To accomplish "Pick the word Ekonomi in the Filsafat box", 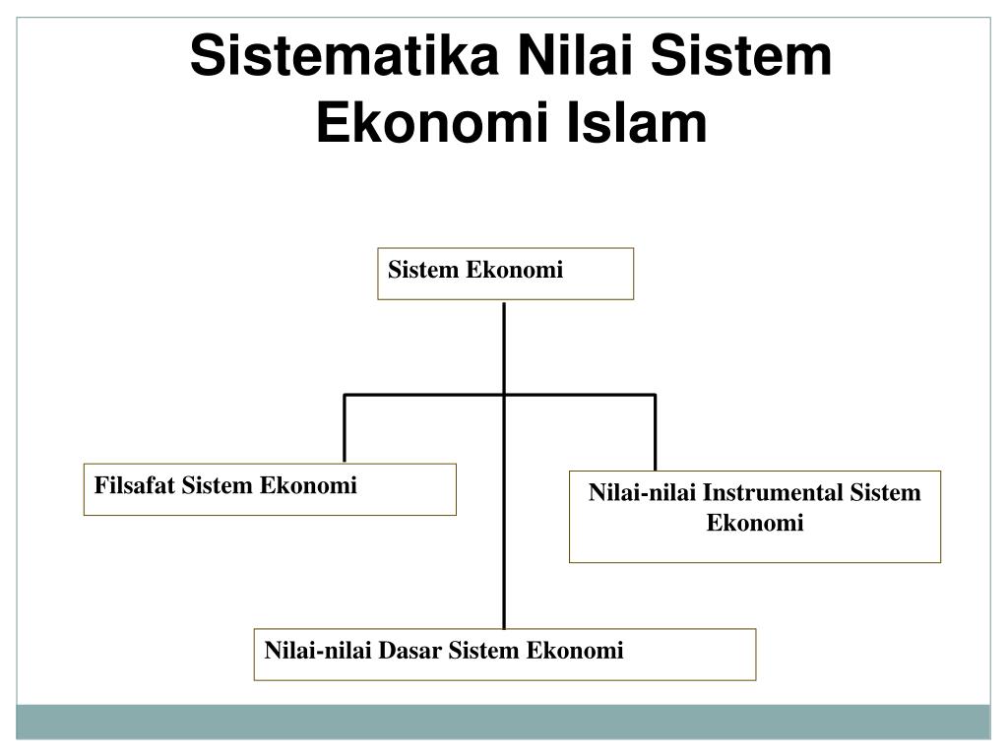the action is click(308, 485).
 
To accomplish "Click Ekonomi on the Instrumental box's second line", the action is click(755, 523).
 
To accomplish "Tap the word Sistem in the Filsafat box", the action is click(219, 485).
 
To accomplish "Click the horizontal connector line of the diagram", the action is click(423, 396).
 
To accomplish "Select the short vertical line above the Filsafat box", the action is click(345, 429).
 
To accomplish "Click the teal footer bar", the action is click(504, 722).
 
